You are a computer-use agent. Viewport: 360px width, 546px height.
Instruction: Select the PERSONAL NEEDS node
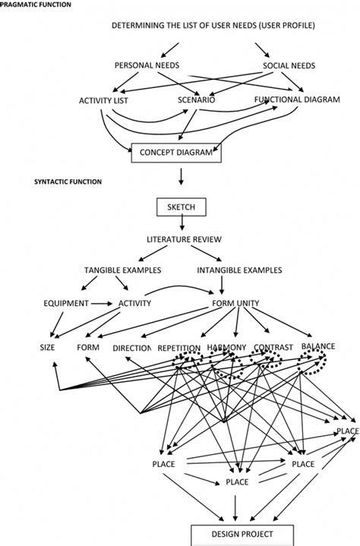coord(146,66)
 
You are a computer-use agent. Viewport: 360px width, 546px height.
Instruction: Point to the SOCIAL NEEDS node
coord(290,66)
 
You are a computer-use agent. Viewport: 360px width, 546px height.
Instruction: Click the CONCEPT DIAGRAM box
coord(177,153)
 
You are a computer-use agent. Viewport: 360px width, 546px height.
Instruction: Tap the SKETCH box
coord(181,207)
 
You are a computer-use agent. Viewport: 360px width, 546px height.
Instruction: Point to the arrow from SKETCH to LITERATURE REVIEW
coord(181,224)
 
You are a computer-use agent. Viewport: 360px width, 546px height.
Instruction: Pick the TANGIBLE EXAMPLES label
coord(122,270)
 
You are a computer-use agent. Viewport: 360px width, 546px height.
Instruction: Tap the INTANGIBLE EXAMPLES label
coord(239,270)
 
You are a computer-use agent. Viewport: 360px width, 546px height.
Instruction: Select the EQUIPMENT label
coord(66,304)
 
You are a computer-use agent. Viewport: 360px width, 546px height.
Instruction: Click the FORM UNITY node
coord(235,304)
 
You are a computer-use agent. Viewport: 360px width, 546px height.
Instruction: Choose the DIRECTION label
coord(132,349)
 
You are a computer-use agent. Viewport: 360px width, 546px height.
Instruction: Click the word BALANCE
coord(317,346)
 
